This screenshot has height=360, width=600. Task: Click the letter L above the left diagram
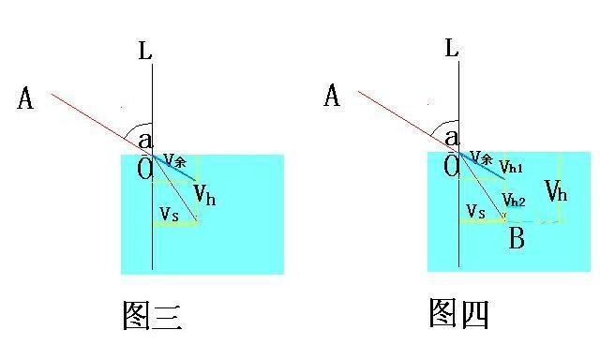(x=145, y=51)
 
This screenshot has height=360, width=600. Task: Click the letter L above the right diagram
(x=452, y=48)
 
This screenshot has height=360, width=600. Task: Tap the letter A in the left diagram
(x=25, y=98)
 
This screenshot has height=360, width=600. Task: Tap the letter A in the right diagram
(x=332, y=96)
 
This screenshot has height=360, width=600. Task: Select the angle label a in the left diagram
(x=145, y=141)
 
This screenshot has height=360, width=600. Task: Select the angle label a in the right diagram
(x=452, y=137)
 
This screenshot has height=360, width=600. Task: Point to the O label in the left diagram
(x=145, y=169)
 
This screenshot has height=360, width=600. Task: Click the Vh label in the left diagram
(x=205, y=195)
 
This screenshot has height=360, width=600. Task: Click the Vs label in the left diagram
(x=169, y=214)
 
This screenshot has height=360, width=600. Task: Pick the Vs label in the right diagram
(x=475, y=211)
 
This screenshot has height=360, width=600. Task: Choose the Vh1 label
(x=511, y=167)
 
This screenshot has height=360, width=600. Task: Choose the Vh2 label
(x=514, y=200)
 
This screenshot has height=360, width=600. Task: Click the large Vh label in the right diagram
(x=556, y=191)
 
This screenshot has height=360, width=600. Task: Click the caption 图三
(x=152, y=315)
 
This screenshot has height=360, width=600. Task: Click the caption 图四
(x=458, y=313)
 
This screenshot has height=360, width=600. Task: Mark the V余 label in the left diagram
(x=175, y=160)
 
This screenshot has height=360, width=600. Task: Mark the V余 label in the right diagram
(x=481, y=157)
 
